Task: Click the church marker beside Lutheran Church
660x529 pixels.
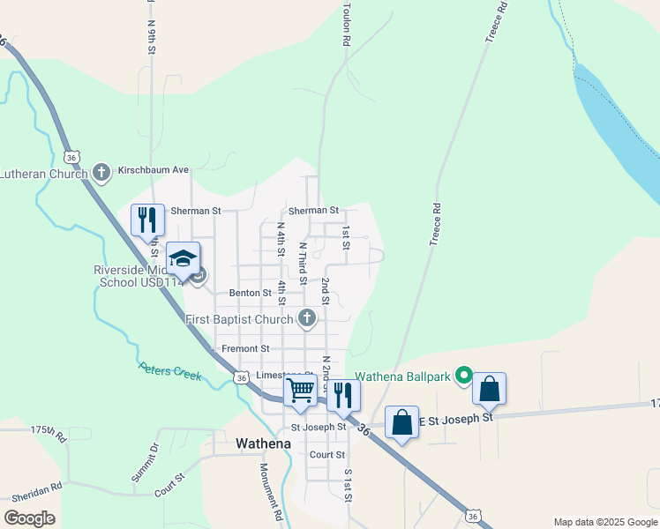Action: coord(101,172)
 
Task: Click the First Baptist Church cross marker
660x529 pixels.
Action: coord(307,318)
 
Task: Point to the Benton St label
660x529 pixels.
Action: coord(251,293)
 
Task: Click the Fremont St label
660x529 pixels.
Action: coord(245,349)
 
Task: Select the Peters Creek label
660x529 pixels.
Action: coord(170,370)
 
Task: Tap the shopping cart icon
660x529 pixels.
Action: coord(301,391)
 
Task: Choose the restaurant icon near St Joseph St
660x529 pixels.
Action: coord(343,393)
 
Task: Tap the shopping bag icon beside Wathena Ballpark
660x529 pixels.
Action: coord(489,388)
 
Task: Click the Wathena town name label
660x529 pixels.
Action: coord(264,443)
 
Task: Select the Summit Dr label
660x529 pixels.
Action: coord(144,463)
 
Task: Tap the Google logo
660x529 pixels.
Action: coord(29,518)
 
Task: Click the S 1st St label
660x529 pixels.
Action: coord(349,485)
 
